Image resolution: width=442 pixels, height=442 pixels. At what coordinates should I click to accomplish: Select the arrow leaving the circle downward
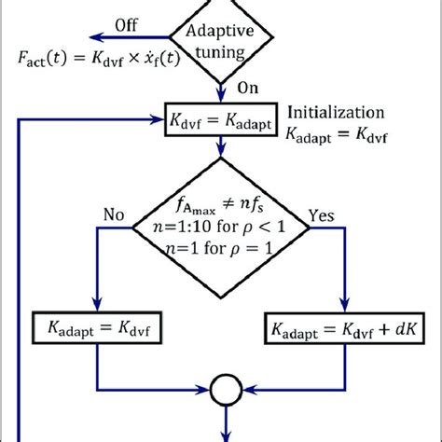click(224, 424)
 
